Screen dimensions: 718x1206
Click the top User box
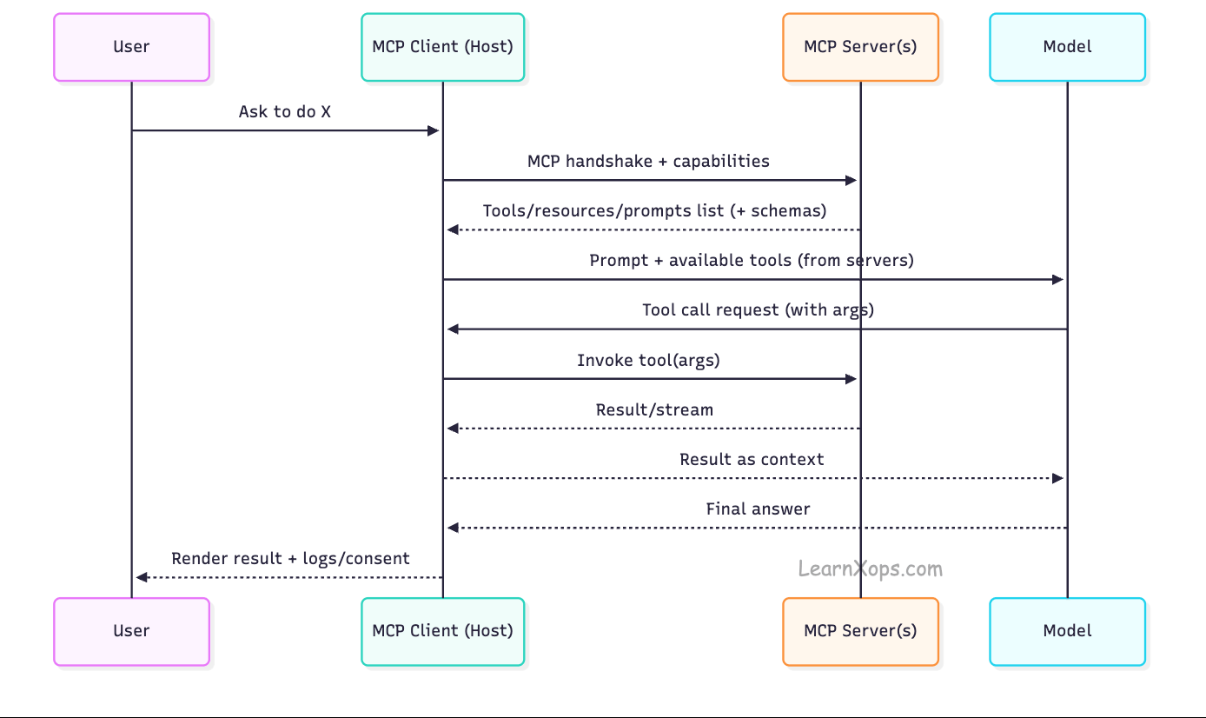(131, 47)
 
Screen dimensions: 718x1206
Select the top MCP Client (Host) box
(442, 47)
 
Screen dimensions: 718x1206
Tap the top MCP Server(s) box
(860, 47)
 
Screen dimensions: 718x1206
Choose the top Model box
(1067, 47)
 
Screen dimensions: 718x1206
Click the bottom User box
(131, 631)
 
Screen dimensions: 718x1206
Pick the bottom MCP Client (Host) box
(442, 631)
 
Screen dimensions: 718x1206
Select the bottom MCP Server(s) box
(860, 631)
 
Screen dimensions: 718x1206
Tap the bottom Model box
(1067, 631)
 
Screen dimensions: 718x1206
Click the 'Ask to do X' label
(285, 112)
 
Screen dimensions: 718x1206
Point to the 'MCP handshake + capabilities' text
(648, 162)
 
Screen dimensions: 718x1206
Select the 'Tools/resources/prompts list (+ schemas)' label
(654, 211)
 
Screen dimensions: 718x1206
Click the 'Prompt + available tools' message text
(752, 261)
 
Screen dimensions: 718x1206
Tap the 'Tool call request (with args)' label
(758, 310)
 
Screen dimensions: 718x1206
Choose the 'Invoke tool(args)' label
(648, 360)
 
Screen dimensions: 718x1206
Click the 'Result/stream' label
(654, 410)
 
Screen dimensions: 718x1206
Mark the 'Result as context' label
(752, 460)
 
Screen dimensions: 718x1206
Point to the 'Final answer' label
(758, 509)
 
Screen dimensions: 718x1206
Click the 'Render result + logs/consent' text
(290, 559)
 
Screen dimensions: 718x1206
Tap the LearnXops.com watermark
(871, 569)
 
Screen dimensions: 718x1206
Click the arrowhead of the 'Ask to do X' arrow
(434, 130)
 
